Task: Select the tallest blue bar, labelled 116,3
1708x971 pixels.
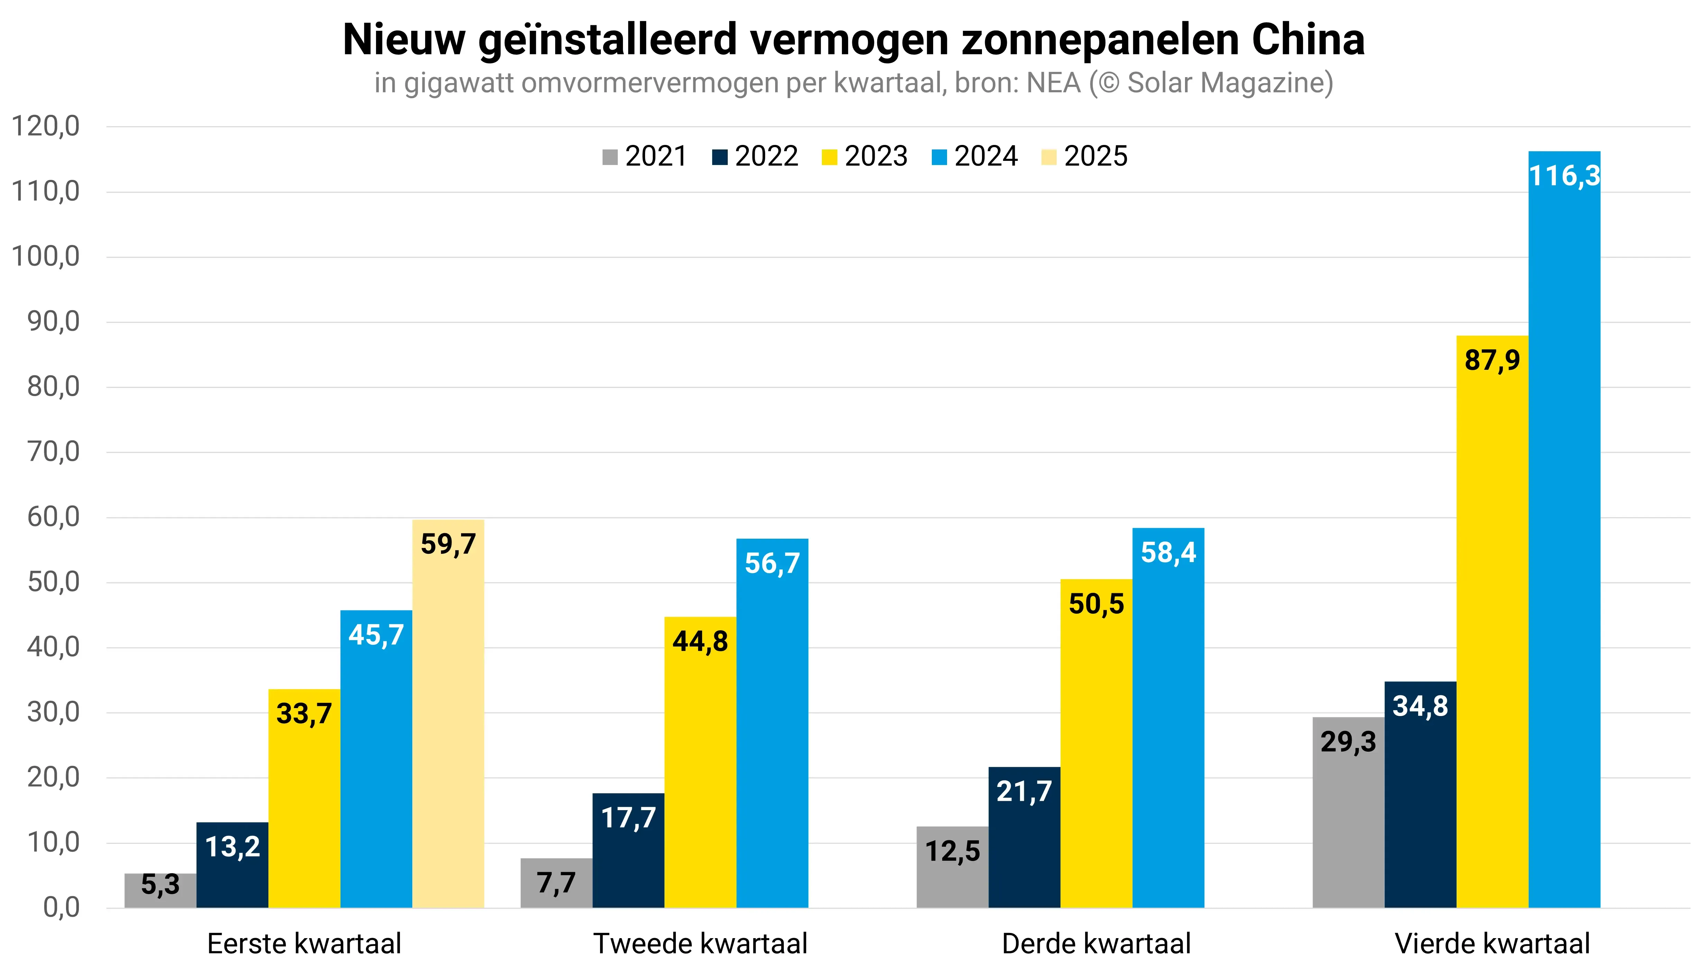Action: tap(1564, 533)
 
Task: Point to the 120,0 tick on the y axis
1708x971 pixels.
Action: tap(45, 126)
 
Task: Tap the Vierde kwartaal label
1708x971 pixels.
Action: tap(1492, 944)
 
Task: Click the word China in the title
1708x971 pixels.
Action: tap(1308, 40)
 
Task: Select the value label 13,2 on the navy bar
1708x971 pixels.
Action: tap(232, 847)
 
